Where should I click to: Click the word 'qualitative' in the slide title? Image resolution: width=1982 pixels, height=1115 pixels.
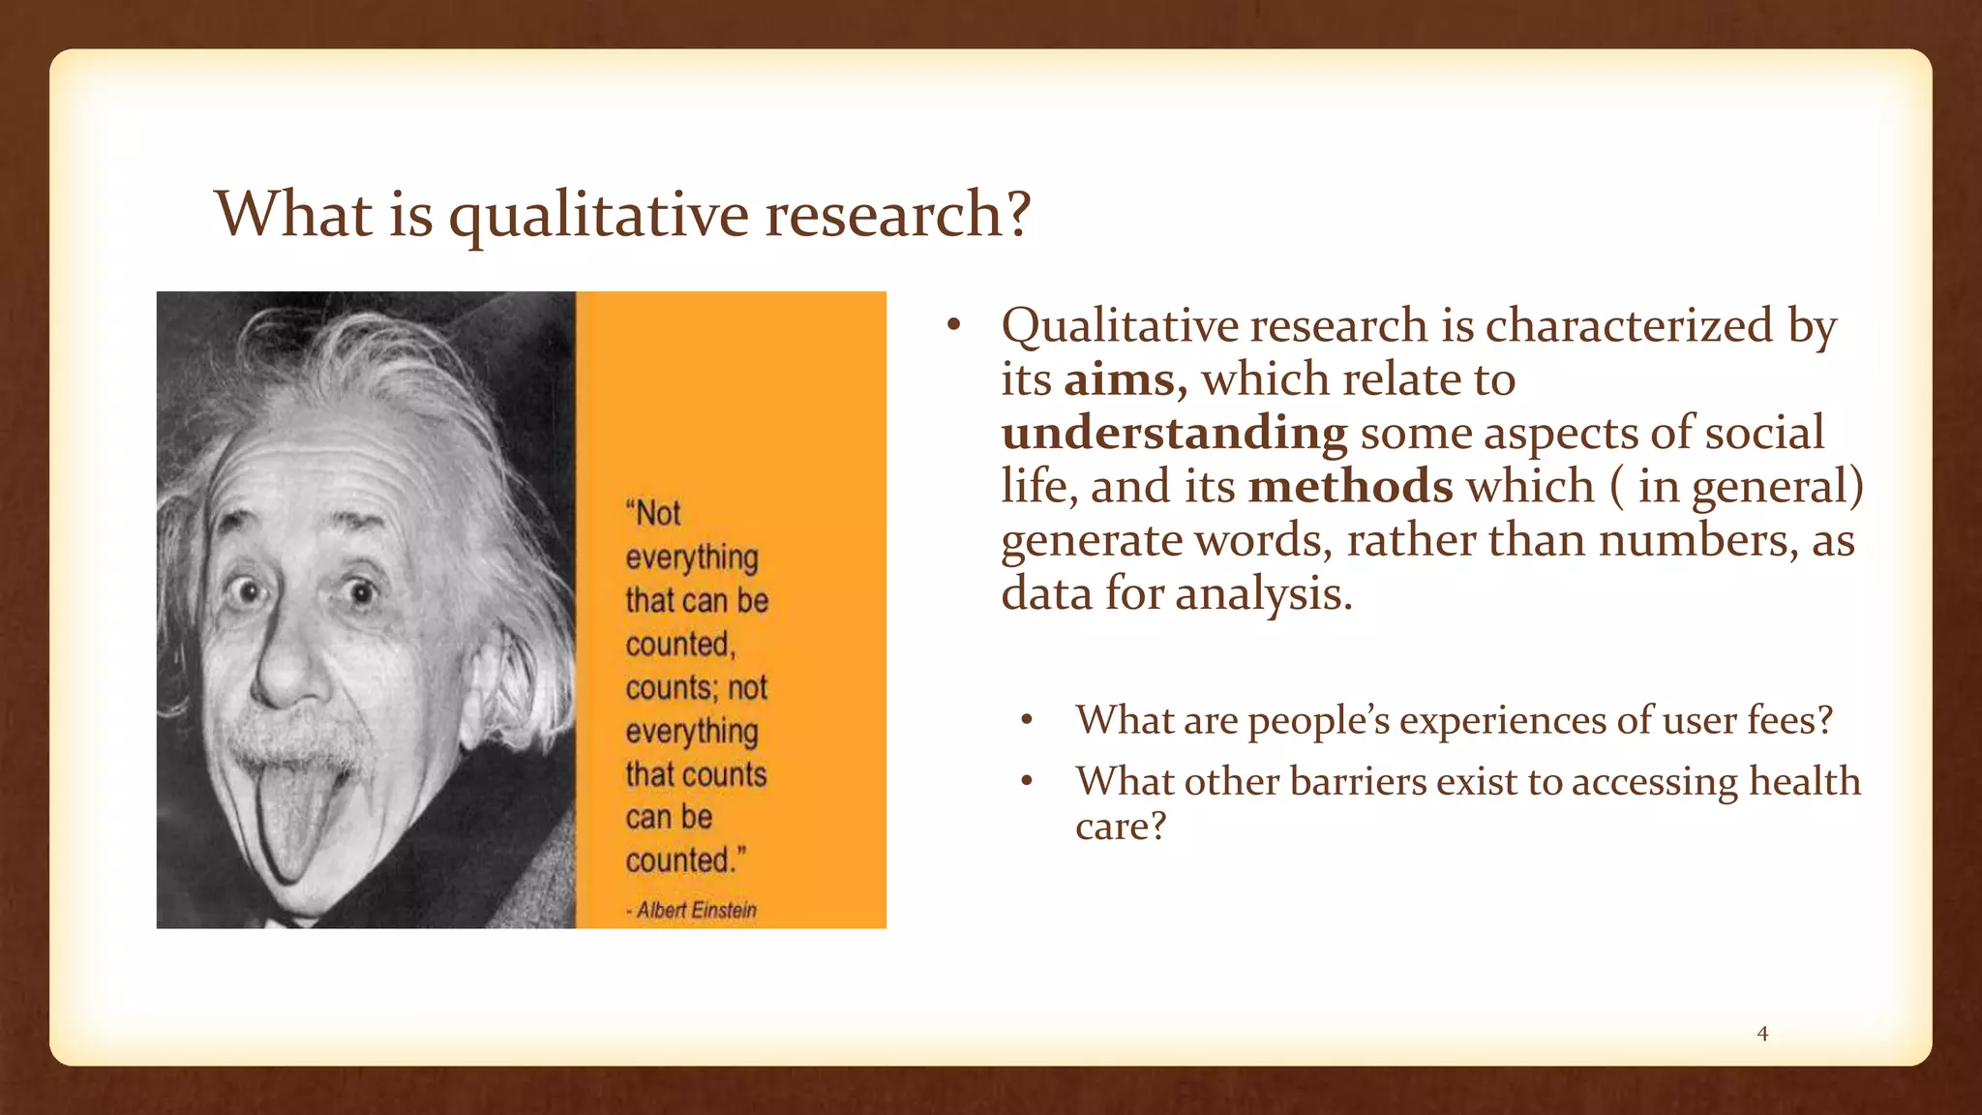598,215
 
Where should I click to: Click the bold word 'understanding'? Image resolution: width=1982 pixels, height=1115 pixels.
1174,434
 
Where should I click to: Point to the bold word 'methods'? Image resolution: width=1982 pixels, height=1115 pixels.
1350,486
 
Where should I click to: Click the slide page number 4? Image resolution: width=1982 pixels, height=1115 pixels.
1762,1034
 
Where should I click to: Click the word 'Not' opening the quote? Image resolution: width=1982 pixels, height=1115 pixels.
657,513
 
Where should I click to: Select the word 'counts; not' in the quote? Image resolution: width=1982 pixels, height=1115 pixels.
696,688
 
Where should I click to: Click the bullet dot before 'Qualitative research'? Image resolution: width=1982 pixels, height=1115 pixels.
953,326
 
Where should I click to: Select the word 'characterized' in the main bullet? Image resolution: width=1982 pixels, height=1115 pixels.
1630,326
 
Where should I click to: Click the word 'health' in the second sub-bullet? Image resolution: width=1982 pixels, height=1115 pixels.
1805,782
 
